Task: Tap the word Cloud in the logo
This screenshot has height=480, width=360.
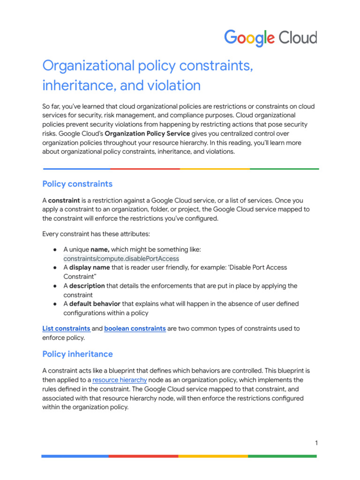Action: [299, 38]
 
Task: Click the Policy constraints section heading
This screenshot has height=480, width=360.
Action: [77, 184]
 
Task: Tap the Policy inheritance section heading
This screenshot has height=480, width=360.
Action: [77, 354]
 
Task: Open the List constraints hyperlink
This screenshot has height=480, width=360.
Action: [66, 329]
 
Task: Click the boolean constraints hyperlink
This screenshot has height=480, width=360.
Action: [135, 329]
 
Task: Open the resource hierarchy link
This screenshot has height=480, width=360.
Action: [120, 380]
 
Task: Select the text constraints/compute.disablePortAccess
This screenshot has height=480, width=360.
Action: [121, 258]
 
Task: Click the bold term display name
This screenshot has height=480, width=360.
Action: [90, 267]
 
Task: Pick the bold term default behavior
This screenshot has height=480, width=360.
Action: [95, 304]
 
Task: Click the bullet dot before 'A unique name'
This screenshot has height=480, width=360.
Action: [55, 249]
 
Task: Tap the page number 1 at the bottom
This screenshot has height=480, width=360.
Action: [316, 443]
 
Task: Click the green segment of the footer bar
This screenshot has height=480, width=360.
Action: [282, 456]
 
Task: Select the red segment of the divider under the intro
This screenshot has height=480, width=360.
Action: [145, 169]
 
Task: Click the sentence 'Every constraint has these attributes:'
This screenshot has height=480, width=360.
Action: [96, 234]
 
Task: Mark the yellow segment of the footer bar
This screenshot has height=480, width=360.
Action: [213, 456]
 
